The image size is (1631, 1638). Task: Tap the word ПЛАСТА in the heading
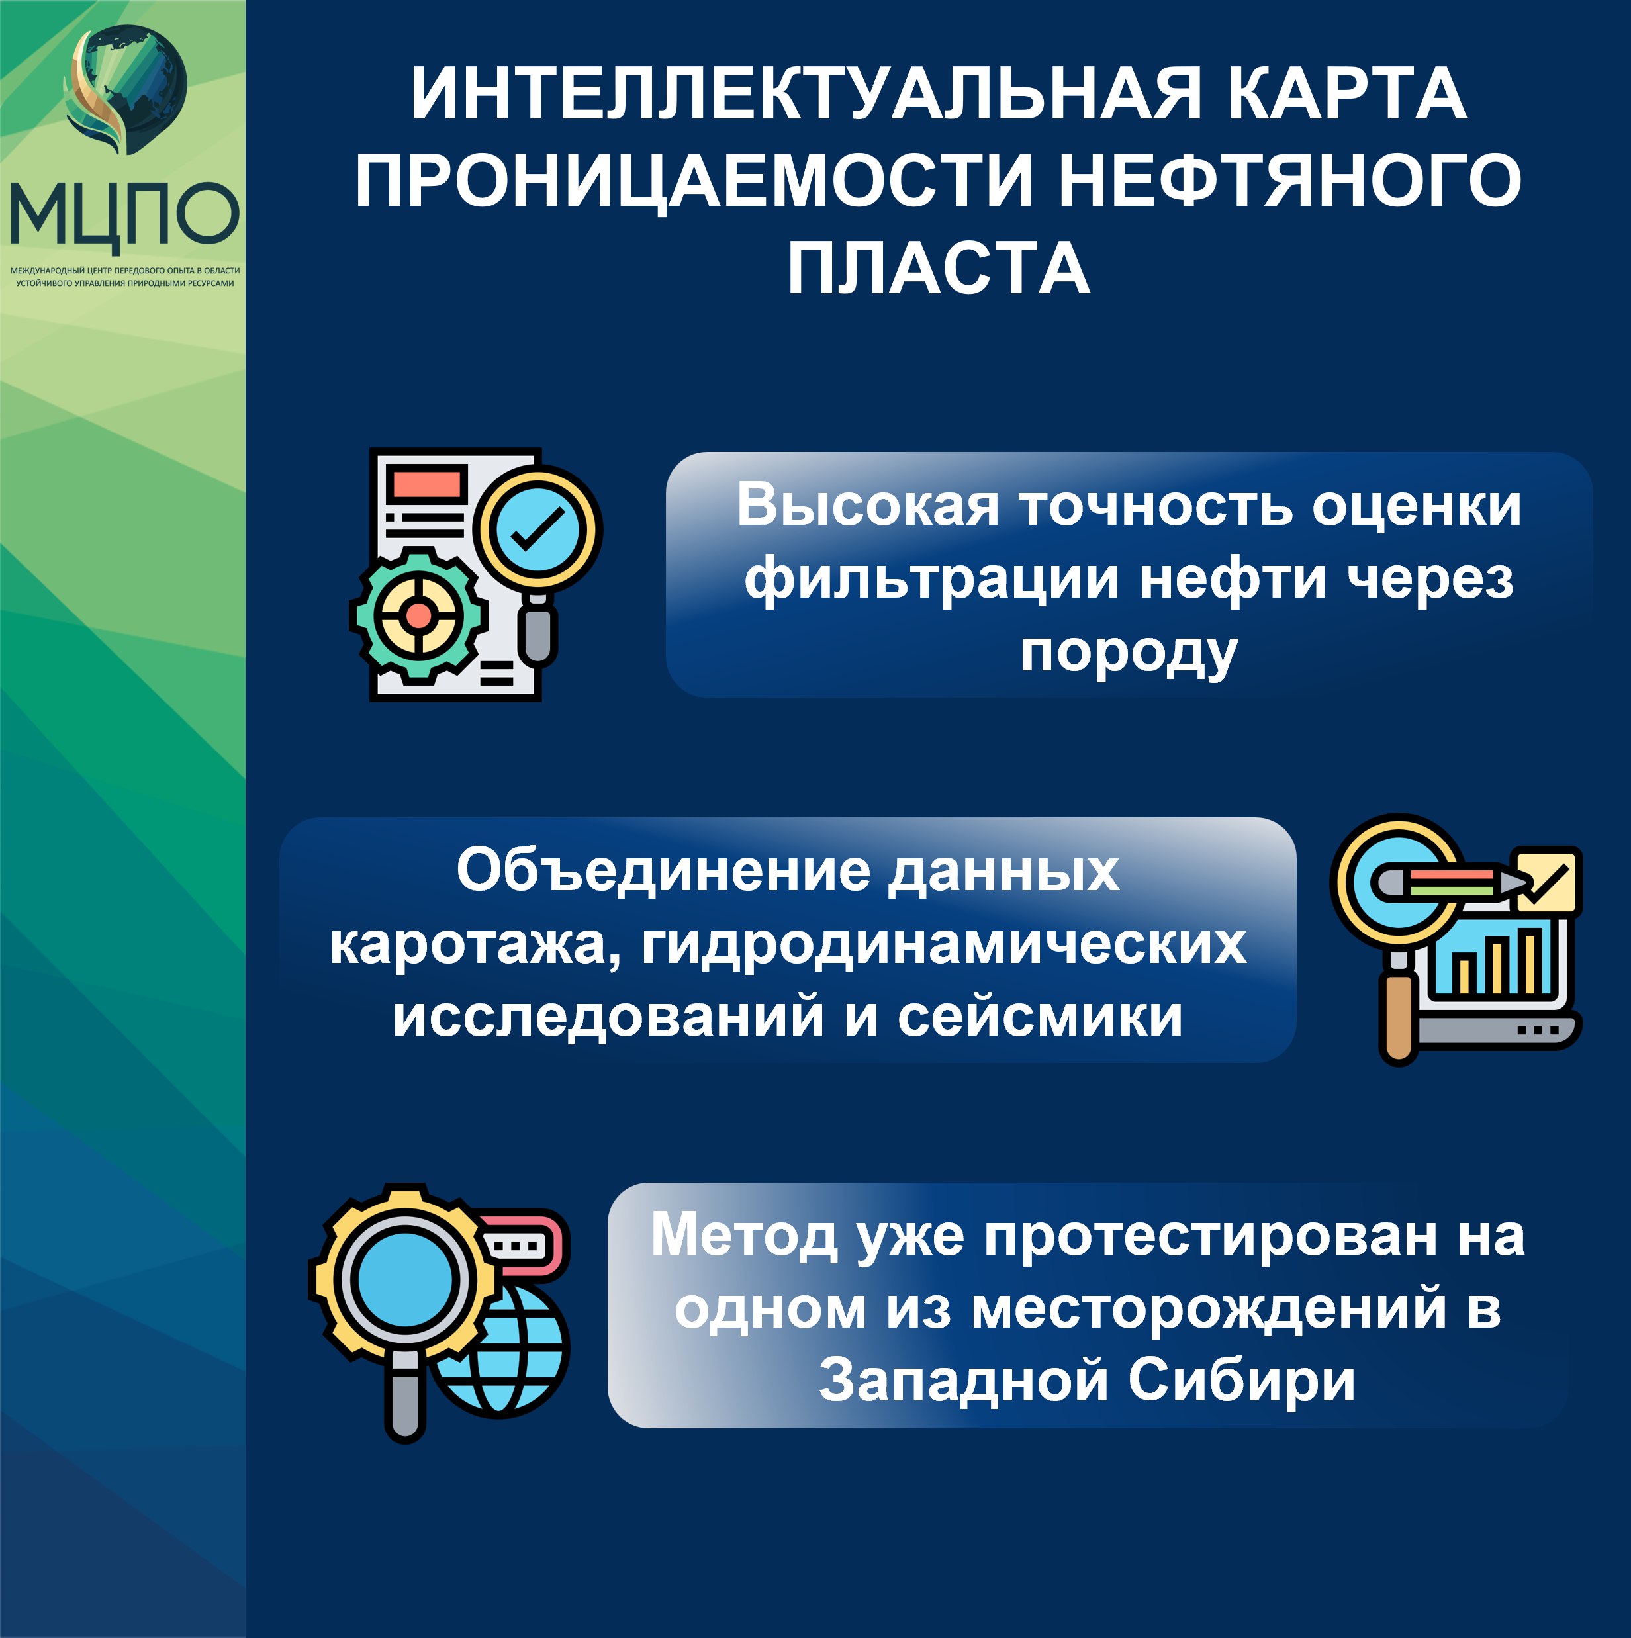[x=938, y=268]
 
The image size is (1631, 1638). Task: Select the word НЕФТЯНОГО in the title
[x=1289, y=181]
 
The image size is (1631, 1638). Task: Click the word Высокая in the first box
[x=868, y=506]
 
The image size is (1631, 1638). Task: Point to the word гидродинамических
[x=943, y=944]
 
